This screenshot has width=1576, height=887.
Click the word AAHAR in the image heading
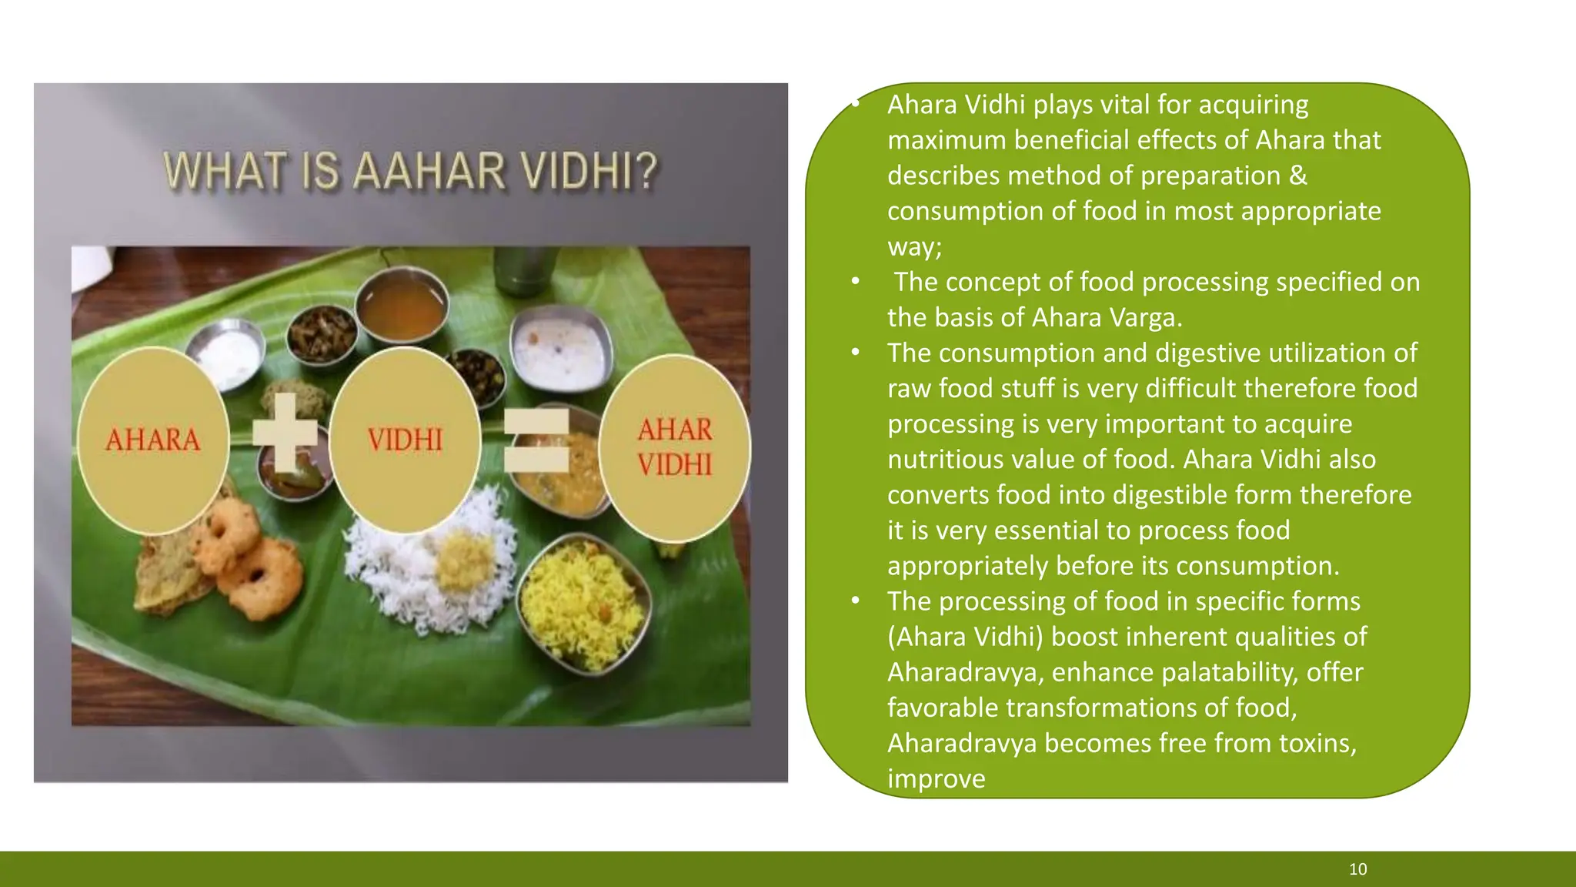coord(429,171)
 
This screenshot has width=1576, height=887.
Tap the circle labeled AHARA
coord(153,440)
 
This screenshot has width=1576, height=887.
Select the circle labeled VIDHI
coord(406,440)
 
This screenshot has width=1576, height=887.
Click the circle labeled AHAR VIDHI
coord(675,448)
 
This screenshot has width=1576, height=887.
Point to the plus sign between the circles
coord(285,432)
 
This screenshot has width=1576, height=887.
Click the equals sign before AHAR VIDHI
coord(536,440)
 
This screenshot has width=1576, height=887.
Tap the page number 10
coord(1357,869)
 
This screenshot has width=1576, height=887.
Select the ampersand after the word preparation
coord(1297,176)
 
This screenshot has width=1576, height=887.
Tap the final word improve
coord(936,778)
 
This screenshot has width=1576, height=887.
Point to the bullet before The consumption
coord(855,353)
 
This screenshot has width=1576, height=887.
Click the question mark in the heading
coord(648,171)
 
